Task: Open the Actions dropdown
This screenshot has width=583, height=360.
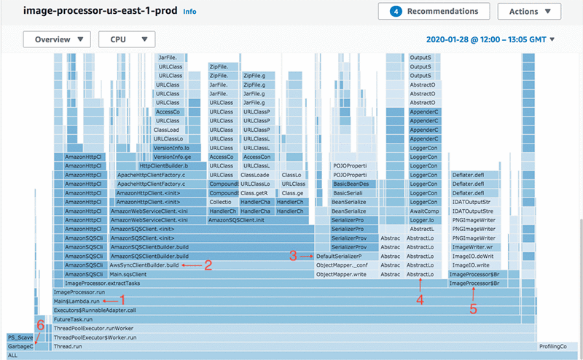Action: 530,12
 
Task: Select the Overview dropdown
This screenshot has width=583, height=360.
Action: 57,40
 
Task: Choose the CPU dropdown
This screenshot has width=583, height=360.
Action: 127,40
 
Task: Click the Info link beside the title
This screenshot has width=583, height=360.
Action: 189,12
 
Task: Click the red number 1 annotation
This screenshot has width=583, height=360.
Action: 122,300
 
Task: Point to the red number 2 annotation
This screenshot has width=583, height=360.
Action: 208,265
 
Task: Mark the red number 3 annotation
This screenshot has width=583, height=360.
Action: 293,256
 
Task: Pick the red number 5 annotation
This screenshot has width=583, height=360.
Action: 473,307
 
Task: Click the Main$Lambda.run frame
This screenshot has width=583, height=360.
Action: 77,300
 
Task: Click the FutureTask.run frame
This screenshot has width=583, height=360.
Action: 73,318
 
